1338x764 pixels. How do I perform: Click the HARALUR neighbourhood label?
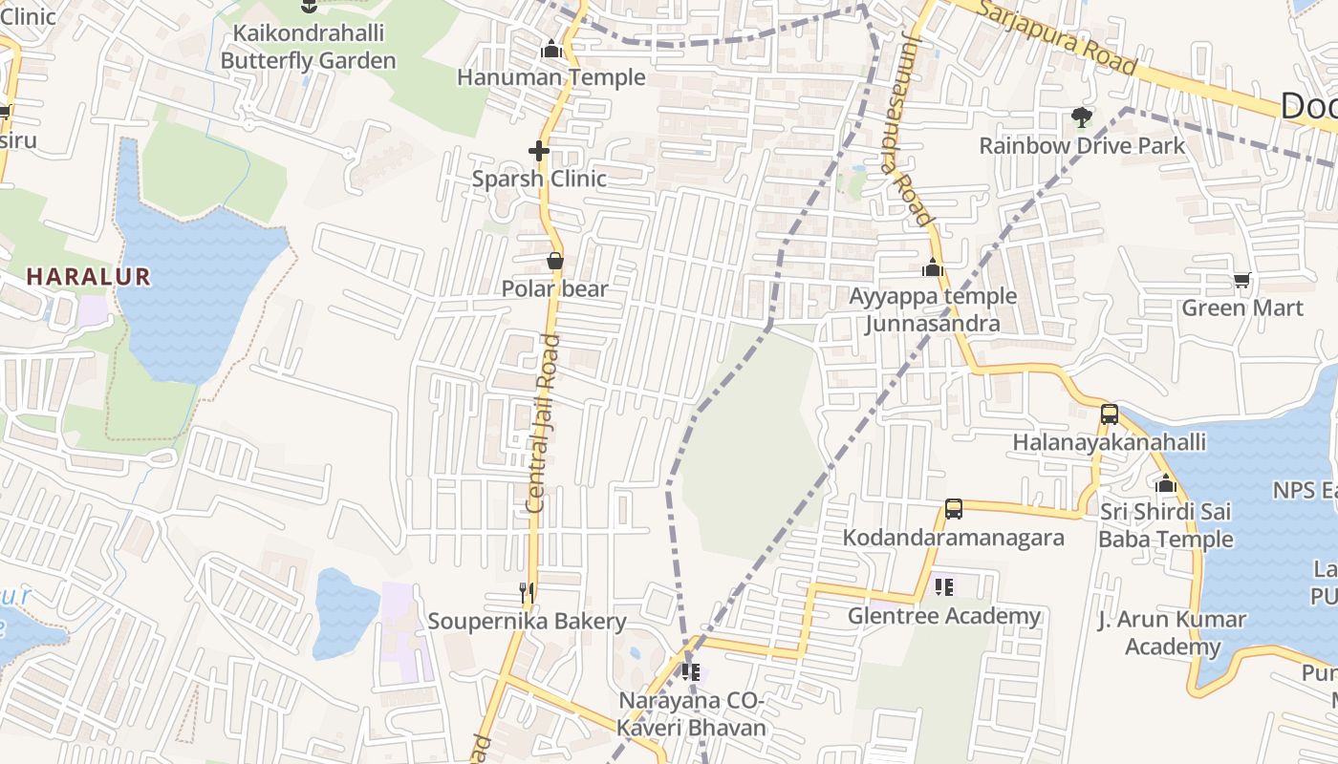click(x=88, y=277)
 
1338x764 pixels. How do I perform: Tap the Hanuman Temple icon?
click(x=550, y=50)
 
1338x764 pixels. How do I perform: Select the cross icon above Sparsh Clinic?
click(x=539, y=151)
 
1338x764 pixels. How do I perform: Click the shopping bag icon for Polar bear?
click(x=554, y=261)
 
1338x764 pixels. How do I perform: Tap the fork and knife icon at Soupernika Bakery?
click(x=526, y=593)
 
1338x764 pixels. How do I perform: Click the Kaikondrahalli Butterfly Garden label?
click(x=308, y=47)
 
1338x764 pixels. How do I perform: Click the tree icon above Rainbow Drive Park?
click(x=1081, y=117)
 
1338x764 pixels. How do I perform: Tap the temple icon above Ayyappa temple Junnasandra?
click(x=932, y=268)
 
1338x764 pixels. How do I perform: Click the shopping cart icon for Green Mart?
click(x=1241, y=280)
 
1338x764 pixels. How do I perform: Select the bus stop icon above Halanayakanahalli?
click(x=1109, y=414)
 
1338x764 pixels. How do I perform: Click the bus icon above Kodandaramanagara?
click(x=953, y=509)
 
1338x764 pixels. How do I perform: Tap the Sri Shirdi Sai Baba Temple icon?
click(x=1165, y=484)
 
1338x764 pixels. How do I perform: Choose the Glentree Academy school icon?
click(x=943, y=587)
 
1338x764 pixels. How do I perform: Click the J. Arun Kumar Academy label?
click(x=1172, y=633)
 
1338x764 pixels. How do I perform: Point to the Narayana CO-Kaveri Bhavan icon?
click(x=691, y=672)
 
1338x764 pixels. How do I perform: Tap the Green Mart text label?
click(x=1241, y=308)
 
